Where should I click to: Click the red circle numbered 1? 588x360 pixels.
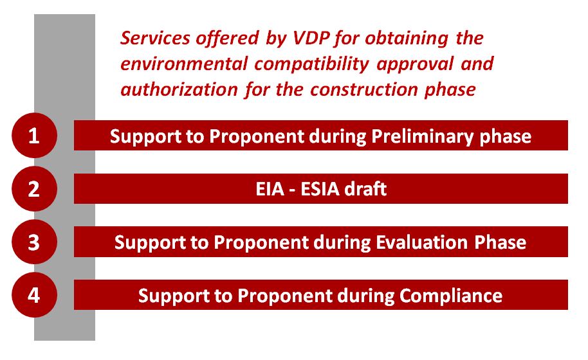pyautogui.click(x=35, y=135)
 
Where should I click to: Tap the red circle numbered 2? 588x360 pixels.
pyautogui.click(x=35, y=189)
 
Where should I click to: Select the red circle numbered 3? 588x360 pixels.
pyautogui.click(x=35, y=242)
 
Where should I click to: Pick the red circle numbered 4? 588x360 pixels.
pyautogui.click(x=35, y=295)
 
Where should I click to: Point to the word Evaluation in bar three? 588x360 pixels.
pyautogui.click(x=421, y=242)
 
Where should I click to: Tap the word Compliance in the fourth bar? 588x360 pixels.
pyautogui.click(x=451, y=296)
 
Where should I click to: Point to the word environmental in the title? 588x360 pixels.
pyautogui.click(x=184, y=64)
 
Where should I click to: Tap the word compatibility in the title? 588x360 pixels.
pyautogui.click(x=312, y=64)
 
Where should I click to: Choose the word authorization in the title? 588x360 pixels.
pyautogui.click(x=179, y=89)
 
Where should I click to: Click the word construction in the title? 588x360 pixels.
pyautogui.click(x=364, y=90)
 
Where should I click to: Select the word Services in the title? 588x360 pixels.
pyautogui.click(x=155, y=38)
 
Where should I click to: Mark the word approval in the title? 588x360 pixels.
pyautogui.click(x=415, y=64)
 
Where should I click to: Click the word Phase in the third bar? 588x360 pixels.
pyautogui.click(x=501, y=242)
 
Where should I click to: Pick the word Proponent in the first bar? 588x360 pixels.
pyautogui.click(x=257, y=137)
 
